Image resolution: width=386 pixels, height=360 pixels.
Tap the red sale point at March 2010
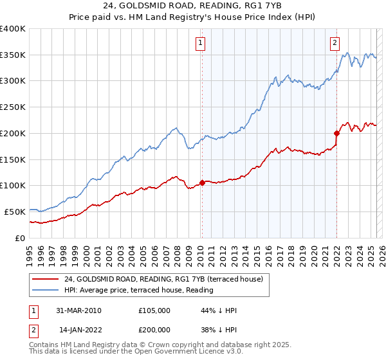coord(202,183)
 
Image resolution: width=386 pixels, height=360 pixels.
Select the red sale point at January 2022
coord(336,133)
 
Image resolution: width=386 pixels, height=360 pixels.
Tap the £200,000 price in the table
coord(154,330)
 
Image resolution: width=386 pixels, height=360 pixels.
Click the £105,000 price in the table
coord(154,310)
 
